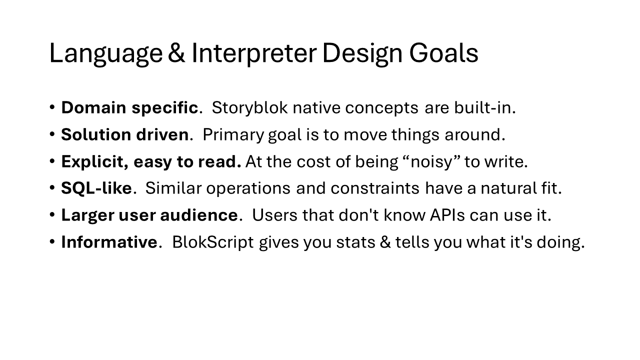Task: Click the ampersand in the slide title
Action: (176, 53)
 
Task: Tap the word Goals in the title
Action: (443, 53)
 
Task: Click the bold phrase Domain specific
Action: (129, 108)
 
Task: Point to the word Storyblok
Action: (249, 108)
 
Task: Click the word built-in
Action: (485, 107)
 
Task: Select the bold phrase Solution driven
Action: (125, 134)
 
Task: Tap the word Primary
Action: (233, 135)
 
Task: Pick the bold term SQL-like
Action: (96, 188)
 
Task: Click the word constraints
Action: (375, 188)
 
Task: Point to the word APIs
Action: (447, 215)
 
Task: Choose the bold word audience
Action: (199, 215)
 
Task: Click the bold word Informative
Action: (109, 242)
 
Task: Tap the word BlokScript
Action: (213, 242)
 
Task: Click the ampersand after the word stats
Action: (385, 242)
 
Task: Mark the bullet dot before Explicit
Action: (52, 161)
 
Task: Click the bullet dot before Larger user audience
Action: (52, 214)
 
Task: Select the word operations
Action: (248, 189)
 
